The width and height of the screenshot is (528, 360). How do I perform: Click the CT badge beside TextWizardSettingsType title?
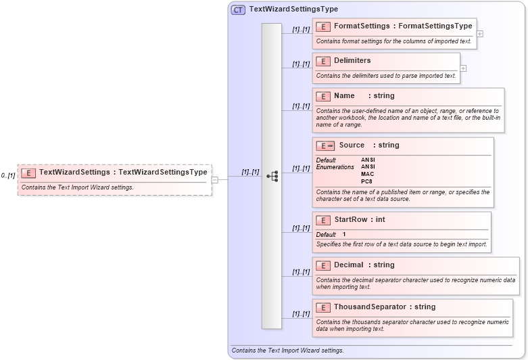[238, 9]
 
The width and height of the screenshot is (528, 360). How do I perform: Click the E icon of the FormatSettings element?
[323, 26]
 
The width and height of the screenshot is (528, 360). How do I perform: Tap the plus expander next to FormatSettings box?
[479, 33]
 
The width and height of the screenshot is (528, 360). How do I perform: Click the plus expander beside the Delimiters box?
[463, 68]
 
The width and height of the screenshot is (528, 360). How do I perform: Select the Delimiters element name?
[352, 61]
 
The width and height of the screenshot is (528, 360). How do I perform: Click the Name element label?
[344, 96]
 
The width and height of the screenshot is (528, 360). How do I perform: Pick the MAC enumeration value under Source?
[367, 174]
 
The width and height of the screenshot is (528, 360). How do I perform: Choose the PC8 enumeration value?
[366, 181]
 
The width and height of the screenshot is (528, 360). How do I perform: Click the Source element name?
[352, 145]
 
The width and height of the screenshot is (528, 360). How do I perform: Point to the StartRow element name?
[351, 220]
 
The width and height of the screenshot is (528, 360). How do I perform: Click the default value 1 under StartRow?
[344, 235]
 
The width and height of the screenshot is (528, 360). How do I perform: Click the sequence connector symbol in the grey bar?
[272, 176]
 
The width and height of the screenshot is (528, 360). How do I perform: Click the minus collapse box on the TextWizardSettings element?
[215, 180]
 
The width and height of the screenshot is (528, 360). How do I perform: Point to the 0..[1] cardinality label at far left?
[8, 176]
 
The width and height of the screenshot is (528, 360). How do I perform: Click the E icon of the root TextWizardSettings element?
[28, 173]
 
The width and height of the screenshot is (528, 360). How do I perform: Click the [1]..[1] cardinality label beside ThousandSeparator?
[301, 314]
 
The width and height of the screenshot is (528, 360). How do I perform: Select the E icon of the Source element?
[326, 145]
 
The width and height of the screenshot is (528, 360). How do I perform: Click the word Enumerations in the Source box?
[335, 167]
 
